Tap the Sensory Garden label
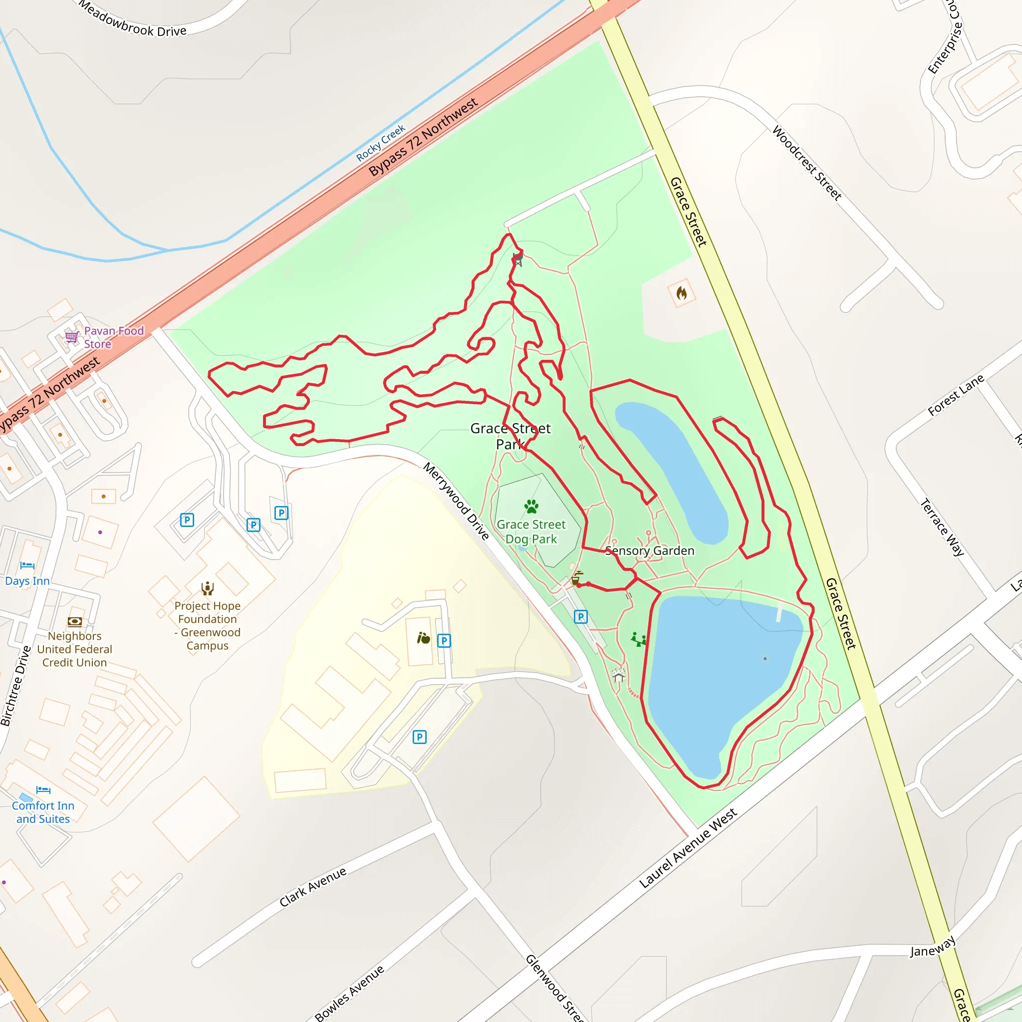(x=650, y=551)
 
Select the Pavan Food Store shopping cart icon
(x=71, y=337)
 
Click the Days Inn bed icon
(x=27, y=565)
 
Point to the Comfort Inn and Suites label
(x=43, y=812)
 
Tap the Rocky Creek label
(x=380, y=143)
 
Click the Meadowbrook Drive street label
(x=132, y=19)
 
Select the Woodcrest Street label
(x=807, y=163)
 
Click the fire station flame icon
(x=681, y=293)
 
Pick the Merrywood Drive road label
(x=456, y=501)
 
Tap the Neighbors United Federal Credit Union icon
(x=74, y=622)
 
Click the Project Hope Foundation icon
(x=208, y=588)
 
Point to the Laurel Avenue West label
(x=688, y=848)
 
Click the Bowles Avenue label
(x=349, y=994)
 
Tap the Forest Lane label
(x=955, y=395)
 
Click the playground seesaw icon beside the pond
(x=638, y=640)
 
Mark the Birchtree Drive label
(x=16, y=686)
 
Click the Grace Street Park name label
(x=510, y=436)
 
